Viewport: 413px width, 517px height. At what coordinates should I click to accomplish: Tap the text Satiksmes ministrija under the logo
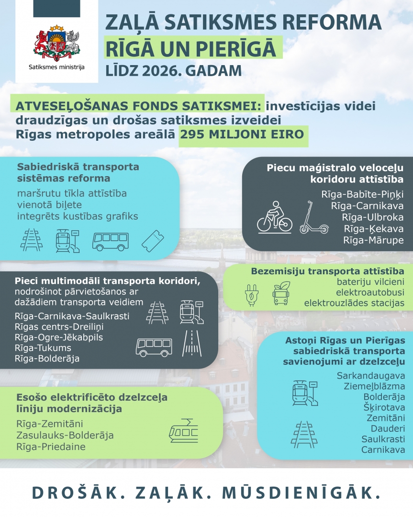pos(56,67)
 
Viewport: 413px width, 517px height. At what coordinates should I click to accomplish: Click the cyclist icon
pos(274,218)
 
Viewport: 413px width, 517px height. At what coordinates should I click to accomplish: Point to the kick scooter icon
pos(313,218)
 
